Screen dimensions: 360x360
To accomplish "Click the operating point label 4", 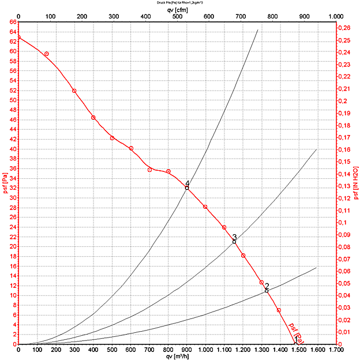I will [x=187, y=183].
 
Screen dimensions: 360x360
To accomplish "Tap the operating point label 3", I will [x=235, y=237].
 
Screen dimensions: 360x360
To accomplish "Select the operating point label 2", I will [x=267, y=286].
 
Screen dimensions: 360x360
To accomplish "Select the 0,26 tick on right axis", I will [x=344, y=28].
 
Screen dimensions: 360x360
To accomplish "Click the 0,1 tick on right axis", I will [x=343, y=223].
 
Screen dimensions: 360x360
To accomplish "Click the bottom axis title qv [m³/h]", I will [x=178, y=356].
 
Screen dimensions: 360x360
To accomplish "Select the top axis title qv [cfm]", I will [x=178, y=10].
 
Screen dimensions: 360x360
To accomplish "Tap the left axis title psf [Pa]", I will [x=5, y=183].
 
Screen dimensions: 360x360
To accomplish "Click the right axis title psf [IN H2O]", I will [x=356, y=183].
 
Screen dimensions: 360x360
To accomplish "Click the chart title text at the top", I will [x=179, y=3].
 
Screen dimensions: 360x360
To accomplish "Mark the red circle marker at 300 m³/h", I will [x=74, y=91].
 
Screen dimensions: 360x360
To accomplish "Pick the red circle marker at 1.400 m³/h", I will [x=279, y=310].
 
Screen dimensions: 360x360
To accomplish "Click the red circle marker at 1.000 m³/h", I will [x=205, y=207].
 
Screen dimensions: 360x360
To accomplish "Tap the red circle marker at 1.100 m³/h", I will [x=224, y=227].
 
